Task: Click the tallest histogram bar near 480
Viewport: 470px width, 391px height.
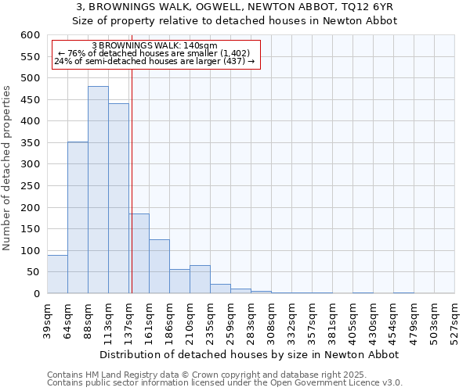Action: point(98,190)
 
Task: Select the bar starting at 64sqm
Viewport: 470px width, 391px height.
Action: point(78,217)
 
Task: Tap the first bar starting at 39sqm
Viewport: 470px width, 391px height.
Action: point(57,274)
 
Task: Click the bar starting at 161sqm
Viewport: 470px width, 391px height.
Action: point(159,267)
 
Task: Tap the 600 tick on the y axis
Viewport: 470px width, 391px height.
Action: point(30,35)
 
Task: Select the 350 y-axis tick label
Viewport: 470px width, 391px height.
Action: point(30,143)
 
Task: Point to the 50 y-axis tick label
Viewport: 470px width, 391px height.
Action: point(33,272)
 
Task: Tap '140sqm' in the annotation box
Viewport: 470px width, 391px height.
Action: point(201,46)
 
